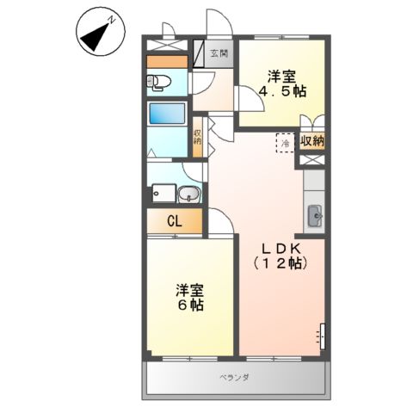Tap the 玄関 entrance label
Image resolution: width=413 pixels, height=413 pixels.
coord(219,52)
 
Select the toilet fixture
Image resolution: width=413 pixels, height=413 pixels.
coord(160,83)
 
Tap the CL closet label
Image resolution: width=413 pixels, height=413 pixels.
coord(175,222)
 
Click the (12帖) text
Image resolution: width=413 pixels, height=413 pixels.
coord(281,264)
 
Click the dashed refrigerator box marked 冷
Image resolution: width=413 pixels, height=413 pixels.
coord(284,143)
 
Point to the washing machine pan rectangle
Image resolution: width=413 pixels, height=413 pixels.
coord(165,195)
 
